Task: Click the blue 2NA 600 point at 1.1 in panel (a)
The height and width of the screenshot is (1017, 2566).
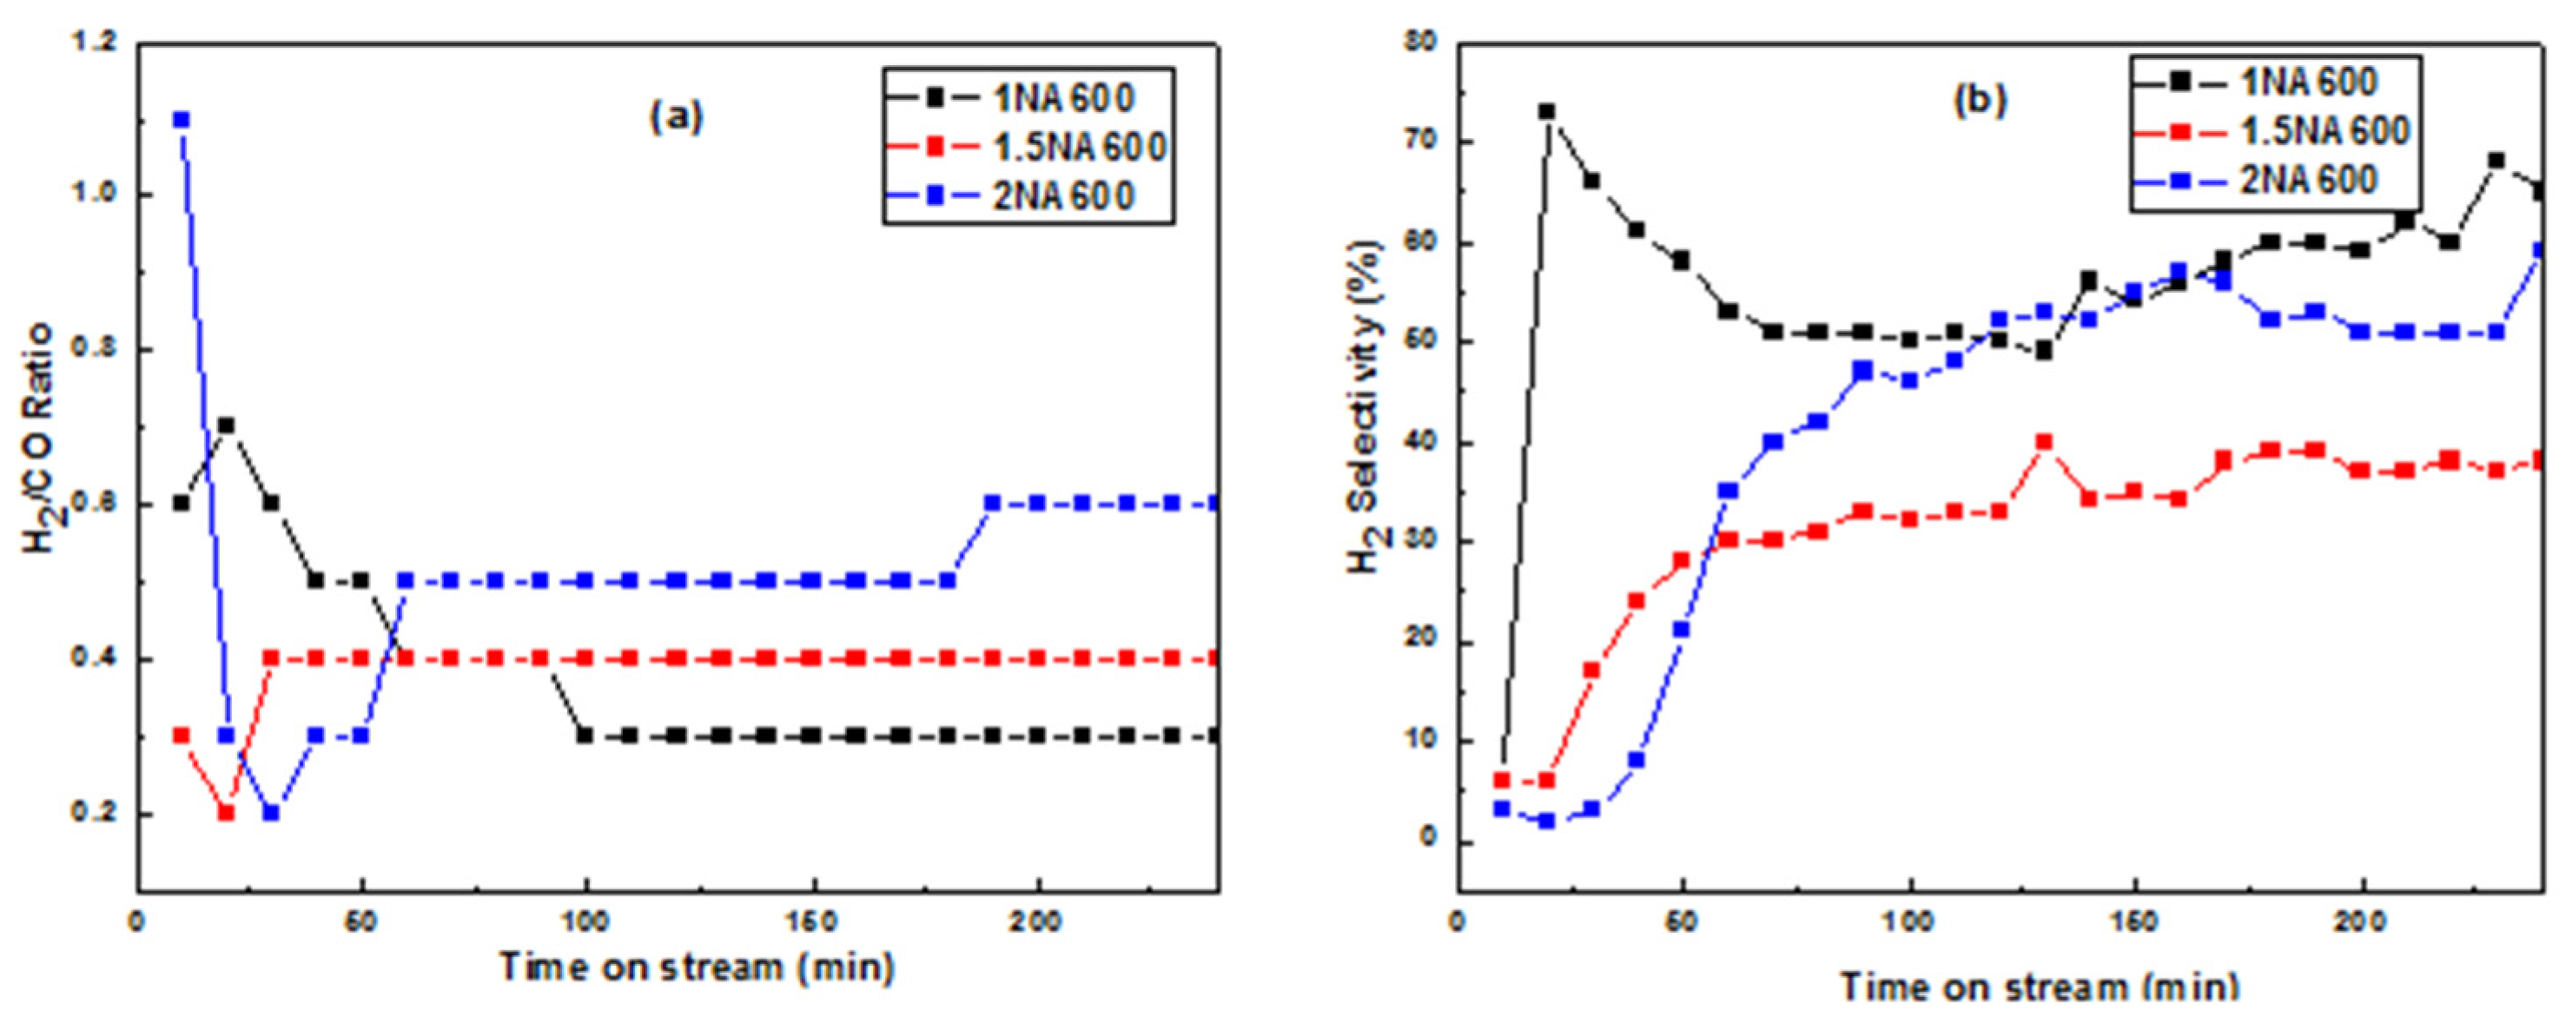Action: click(x=182, y=120)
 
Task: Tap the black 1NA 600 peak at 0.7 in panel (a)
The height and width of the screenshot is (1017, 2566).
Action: click(x=226, y=426)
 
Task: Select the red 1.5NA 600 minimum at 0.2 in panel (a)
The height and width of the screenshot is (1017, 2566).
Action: click(x=226, y=813)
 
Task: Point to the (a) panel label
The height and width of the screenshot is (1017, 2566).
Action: click(x=677, y=116)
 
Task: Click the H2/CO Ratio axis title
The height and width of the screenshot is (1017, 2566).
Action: click(x=42, y=439)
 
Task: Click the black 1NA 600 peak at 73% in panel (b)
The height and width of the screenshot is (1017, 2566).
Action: click(x=1546, y=111)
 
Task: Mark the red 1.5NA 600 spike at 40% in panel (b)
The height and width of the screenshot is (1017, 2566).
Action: click(x=2044, y=441)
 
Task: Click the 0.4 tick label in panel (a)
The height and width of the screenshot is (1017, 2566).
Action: click(x=93, y=658)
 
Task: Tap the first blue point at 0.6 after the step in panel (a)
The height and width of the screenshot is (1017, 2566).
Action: click(x=992, y=503)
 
